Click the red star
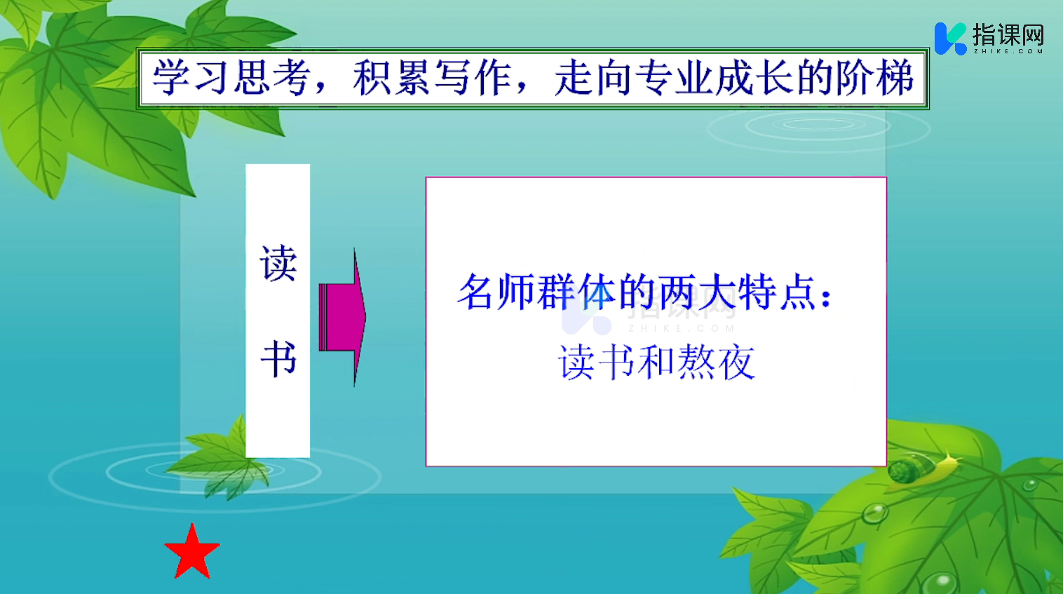[192, 553]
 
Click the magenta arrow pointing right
[343, 317]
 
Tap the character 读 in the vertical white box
[278, 263]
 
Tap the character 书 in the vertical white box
[278, 358]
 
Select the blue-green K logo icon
[950, 39]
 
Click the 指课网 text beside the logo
[1008, 34]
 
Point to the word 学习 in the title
[191, 77]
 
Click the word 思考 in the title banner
[272, 77]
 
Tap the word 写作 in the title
[473, 77]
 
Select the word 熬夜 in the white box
[716, 362]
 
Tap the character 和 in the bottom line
[656, 362]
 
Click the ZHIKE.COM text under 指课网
[1008, 51]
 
